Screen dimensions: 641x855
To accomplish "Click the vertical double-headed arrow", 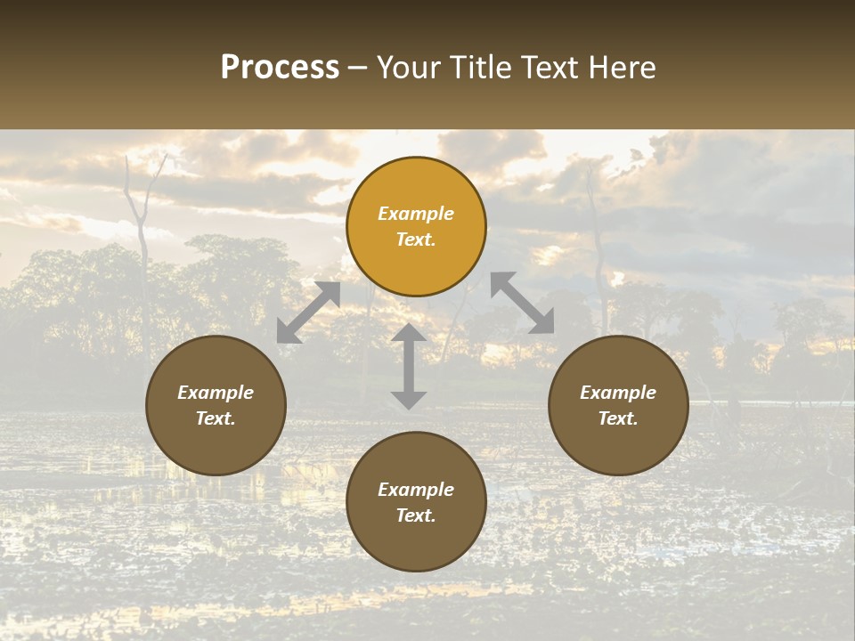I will click(x=409, y=367).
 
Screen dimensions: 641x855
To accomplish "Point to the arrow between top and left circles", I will click(x=308, y=312).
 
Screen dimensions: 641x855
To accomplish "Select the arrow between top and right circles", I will click(x=522, y=303).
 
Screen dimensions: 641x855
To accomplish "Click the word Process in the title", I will click(x=280, y=68).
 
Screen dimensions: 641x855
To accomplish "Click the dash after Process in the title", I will click(x=358, y=69).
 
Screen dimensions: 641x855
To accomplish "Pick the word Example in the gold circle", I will click(x=416, y=214).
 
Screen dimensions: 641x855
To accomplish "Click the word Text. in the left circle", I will click(x=216, y=418).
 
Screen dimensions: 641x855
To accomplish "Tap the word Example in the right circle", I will click(x=618, y=393).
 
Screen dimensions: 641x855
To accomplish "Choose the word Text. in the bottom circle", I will click(x=416, y=515).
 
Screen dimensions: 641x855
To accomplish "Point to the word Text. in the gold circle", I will click(x=416, y=239).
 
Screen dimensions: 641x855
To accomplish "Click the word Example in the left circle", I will click(x=216, y=393).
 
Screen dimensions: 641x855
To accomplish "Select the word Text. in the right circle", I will click(x=618, y=418).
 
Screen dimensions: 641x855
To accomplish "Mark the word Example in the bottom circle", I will click(x=416, y=490).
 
